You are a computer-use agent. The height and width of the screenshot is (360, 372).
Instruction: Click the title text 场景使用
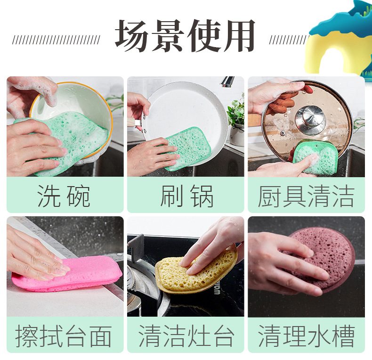[186, 36]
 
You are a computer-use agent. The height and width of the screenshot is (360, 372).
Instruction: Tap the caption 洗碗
[64, 196]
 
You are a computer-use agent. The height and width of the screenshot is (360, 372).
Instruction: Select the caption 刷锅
[186, 196]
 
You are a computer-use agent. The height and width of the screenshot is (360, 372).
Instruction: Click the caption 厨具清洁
[306, 196]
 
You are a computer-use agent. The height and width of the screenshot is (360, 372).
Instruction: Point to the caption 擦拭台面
[64, 336]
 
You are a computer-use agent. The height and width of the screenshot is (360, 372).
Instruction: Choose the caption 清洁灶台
[186, 336]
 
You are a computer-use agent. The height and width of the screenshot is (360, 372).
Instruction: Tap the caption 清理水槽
[306, 336]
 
